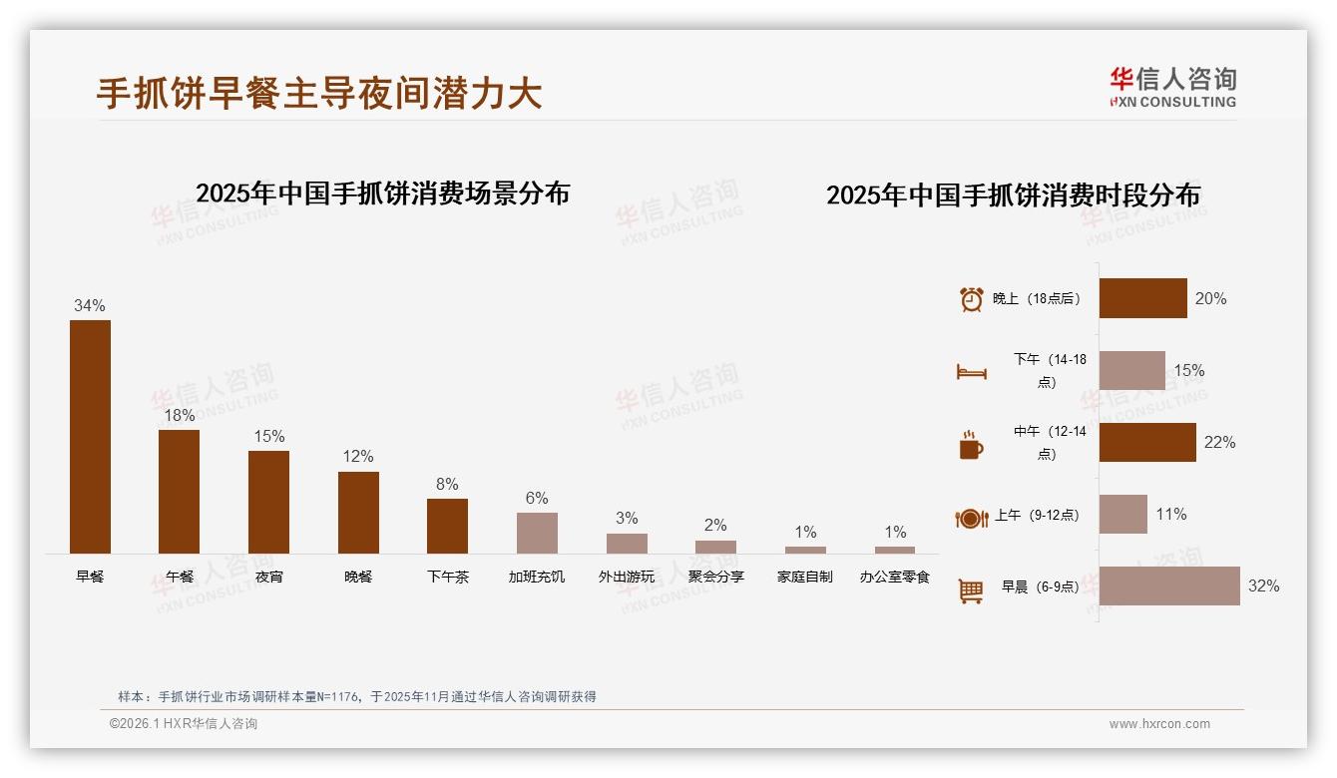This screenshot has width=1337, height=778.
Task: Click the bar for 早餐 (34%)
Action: pos(90,436)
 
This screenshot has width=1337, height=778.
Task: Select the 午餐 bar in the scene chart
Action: pos(179,491)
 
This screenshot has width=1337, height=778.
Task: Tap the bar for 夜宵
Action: pos(268,502)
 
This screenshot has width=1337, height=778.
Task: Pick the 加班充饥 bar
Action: pos(537,533)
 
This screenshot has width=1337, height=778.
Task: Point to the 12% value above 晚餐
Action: pos(358,456)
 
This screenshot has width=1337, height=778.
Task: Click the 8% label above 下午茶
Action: pos(447,484)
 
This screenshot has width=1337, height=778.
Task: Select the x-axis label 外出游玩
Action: pos(627,577)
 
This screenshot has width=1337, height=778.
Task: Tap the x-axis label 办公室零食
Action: pos(895,577)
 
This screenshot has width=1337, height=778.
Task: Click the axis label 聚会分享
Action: pos(715,577)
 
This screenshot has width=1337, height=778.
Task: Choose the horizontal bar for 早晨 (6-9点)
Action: pos(1169,585)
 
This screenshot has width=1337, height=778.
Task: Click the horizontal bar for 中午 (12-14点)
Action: pos(1147,442)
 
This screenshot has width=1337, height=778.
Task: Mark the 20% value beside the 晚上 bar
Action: pos(1210,298)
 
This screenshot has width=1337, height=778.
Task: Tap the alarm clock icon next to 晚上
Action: pos(971,299)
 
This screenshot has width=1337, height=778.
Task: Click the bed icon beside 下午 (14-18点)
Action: pos(971,372)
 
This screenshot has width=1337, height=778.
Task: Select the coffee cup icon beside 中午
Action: pos(971,445)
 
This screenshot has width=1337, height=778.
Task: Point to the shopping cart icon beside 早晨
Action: pos(971,590)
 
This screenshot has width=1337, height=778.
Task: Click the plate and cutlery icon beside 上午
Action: pos(971,518)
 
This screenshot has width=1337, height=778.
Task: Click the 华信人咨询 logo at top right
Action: pos(1172,87)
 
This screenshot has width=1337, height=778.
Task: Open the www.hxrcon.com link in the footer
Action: pos(1159,724)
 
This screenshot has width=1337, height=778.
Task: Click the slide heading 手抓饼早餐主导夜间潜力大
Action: pos(319,93)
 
